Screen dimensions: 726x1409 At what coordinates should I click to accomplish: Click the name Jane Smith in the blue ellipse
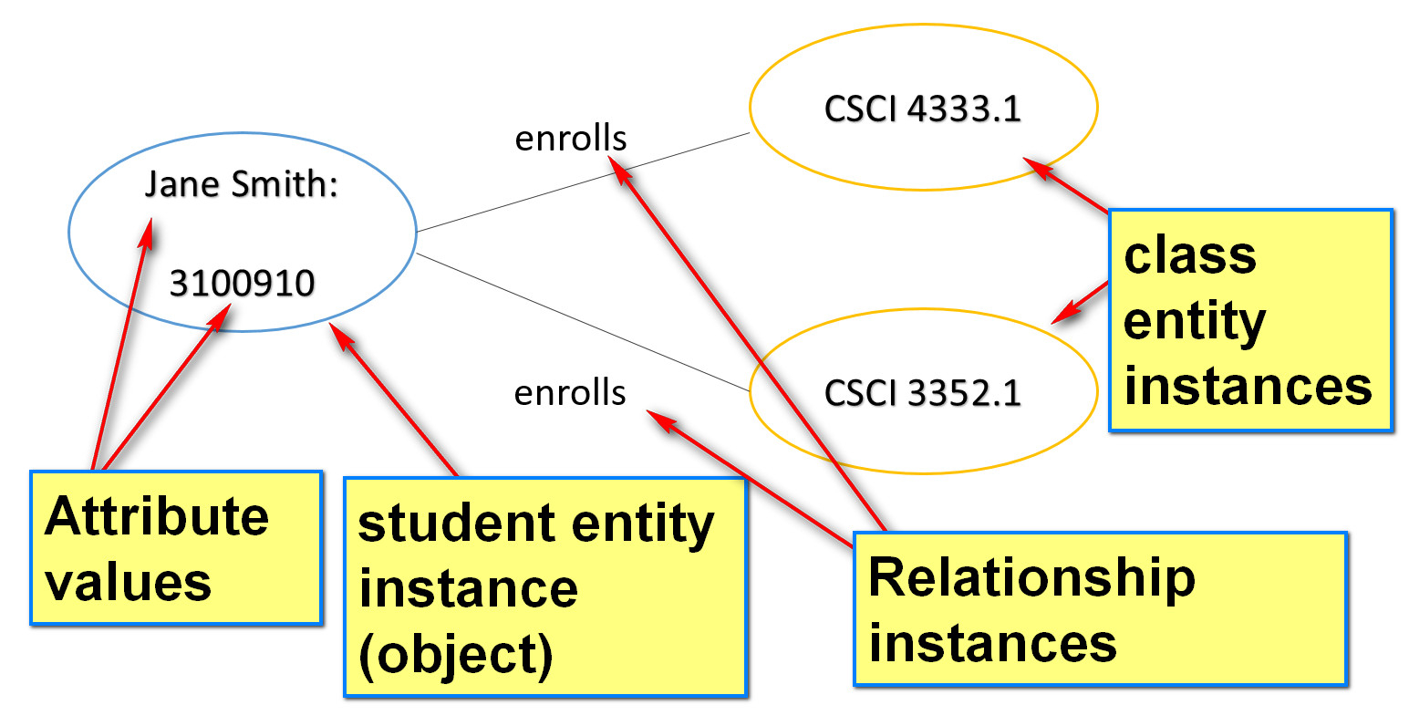242,184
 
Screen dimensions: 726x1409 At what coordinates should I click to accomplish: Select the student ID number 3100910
242,283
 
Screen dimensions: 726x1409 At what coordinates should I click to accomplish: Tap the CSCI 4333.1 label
922,109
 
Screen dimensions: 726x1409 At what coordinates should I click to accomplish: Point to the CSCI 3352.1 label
922,392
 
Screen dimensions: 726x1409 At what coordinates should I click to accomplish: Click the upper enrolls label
571,139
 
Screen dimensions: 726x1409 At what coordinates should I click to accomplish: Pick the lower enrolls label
570,392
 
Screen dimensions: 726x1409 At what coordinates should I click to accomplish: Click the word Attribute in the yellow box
156,516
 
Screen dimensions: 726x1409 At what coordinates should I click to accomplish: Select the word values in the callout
128,582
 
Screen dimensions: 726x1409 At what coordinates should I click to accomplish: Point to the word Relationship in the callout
1031,577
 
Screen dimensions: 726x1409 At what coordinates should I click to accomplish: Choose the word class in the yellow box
1190,255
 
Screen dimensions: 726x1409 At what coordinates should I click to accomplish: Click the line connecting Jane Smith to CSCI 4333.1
584,182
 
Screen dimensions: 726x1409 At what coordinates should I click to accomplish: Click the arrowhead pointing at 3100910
221,315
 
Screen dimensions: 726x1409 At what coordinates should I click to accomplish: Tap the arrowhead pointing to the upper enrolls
620,167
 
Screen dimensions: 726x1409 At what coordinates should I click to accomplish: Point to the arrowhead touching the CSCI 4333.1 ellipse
1036,167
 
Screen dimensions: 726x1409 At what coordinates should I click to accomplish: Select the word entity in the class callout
1194,321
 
